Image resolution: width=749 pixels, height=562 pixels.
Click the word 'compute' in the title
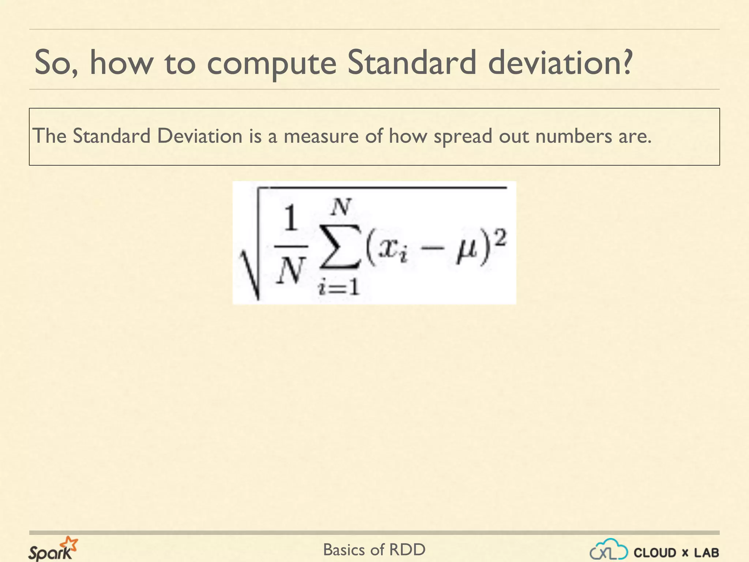click(271, 63)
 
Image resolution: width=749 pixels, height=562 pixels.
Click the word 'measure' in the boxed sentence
click(321, 136)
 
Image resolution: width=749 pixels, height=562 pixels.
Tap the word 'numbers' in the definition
click(573, 136)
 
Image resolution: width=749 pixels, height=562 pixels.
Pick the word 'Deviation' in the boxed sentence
click(200, 136)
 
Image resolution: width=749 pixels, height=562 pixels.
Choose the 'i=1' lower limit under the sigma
click(339, 287)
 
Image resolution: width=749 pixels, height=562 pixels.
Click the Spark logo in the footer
click(53, 549)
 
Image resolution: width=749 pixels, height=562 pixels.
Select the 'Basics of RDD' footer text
click(374, 550)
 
